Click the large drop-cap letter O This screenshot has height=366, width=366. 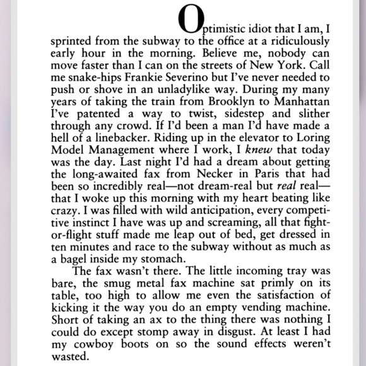click(x=192, y=21)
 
